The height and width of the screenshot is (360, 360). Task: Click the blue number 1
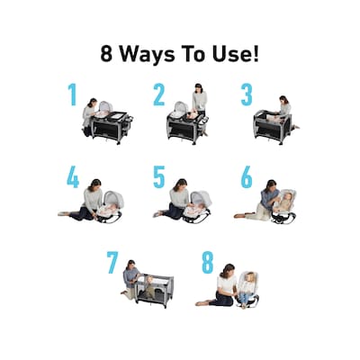click(x=72, y=94)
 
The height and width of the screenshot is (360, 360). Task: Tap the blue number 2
click(x=159, y=94)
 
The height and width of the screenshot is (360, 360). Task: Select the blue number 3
click(x=247, y=94)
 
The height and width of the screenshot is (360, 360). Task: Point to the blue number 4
click(x=73, y=177)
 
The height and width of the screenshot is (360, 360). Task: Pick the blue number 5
click(x=159, y=177)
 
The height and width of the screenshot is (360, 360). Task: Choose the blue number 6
click(x=247, y=177)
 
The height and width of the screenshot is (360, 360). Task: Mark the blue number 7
click(x=112, y=263)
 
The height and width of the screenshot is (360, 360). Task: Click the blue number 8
click(x=208, y=263)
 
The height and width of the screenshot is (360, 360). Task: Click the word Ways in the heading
click(x=148, y=55)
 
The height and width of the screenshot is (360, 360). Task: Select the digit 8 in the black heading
click(x=106, y=54)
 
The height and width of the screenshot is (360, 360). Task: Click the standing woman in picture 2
click(x=200, y=99)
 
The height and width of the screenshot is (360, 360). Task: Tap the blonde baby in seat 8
click(x=247, y=287)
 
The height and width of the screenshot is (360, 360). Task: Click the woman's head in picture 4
click(x=95, y=184)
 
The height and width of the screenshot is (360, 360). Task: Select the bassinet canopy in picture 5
click(x=201, y=199)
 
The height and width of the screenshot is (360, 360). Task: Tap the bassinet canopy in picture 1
click(x=105, y=106)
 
